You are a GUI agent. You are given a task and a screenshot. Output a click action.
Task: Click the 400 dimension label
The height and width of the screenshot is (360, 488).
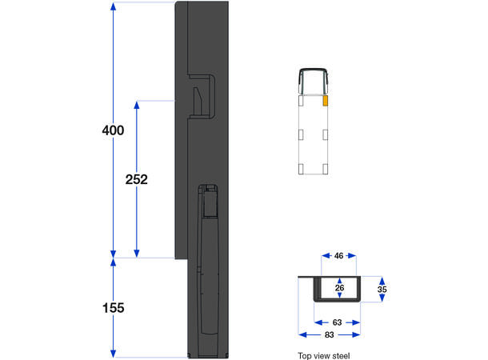point(113,130)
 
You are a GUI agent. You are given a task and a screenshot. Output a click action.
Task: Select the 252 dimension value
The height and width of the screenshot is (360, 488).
point(137,179)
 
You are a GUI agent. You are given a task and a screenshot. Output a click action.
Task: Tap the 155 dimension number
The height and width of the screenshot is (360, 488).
point(113,307)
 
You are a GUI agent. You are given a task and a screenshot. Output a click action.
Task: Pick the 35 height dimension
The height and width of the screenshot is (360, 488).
point(382,290)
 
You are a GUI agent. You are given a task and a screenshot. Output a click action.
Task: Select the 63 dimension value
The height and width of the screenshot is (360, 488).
point(338,322)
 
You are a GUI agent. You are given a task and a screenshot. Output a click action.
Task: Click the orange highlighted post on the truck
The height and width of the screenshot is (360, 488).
point(326,102)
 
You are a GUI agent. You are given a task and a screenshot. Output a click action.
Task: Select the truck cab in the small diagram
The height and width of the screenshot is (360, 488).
point(314,80)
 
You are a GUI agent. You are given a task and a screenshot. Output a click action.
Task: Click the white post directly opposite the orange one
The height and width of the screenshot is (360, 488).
point(301,102)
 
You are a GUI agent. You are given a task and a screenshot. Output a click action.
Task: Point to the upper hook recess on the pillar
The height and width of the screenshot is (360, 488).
point(202,96)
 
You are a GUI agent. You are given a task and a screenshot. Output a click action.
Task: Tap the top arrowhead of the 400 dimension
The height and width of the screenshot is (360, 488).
point(114,6)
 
